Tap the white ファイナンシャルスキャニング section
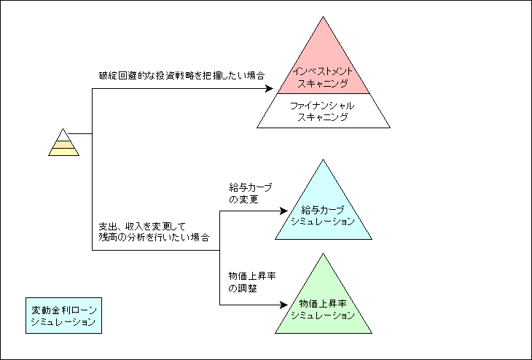coord(323,111)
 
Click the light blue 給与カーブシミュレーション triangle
coord(324,211)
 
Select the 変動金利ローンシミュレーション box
coord(64,316)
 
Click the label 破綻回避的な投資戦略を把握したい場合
coord(181,75)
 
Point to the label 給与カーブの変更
coord(251,193)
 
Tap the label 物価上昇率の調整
coord(252,282)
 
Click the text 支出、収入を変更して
coord(143,226)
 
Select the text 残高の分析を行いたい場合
coord(154,237)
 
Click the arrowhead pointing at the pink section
coord(270,89)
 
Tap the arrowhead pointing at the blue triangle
coord(284,211)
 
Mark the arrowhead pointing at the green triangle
coord(284,305)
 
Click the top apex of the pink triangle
coord(324,16)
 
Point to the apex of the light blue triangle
coord(324,160)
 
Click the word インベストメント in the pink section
coord(323,71)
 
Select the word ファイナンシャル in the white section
coord(322,106)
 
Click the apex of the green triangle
coord(324,254)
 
